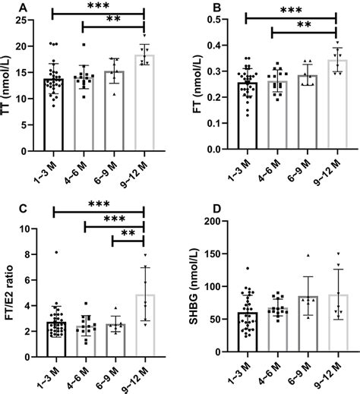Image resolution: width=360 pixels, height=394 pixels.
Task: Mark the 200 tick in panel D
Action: click(220, 222)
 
